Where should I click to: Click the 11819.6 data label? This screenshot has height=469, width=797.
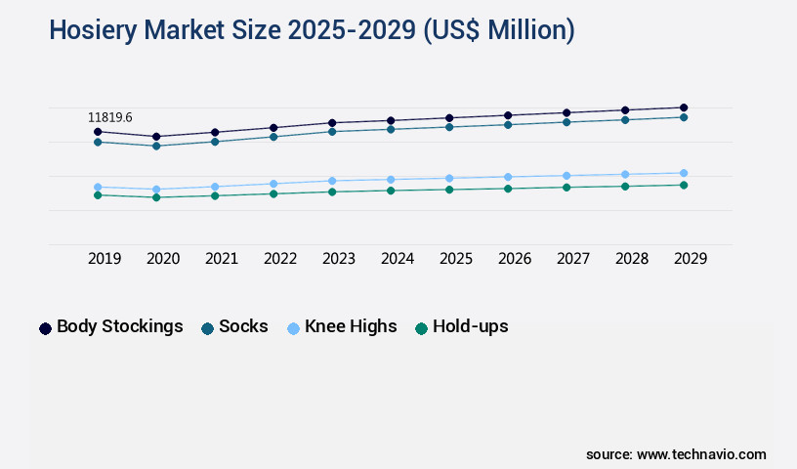click(110, 117)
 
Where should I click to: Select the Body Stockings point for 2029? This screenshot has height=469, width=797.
click(684, 107)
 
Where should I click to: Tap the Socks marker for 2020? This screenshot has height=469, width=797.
click(156, 146)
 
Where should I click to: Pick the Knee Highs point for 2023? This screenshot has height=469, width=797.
click(332, 181)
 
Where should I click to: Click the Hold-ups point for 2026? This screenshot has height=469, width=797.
click(508, 188)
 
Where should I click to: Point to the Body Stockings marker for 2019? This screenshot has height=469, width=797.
click(98, 131)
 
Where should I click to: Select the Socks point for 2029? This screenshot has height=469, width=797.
click(684, 117)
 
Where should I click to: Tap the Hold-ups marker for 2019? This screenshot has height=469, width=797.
click(98, 195)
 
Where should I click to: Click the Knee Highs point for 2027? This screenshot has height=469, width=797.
click(566, 176)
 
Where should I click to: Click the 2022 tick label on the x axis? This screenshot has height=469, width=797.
click(280, 259)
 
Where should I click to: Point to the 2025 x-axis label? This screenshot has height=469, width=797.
click(456, 259)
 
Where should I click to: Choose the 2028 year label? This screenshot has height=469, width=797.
click(632, 259)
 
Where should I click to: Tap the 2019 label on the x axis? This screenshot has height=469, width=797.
click(105, 259)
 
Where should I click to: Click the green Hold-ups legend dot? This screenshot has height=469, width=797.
click(422, 328)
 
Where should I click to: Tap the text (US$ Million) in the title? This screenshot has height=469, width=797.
click(498, 30)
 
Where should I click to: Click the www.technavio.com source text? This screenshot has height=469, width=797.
click(701, 454)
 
